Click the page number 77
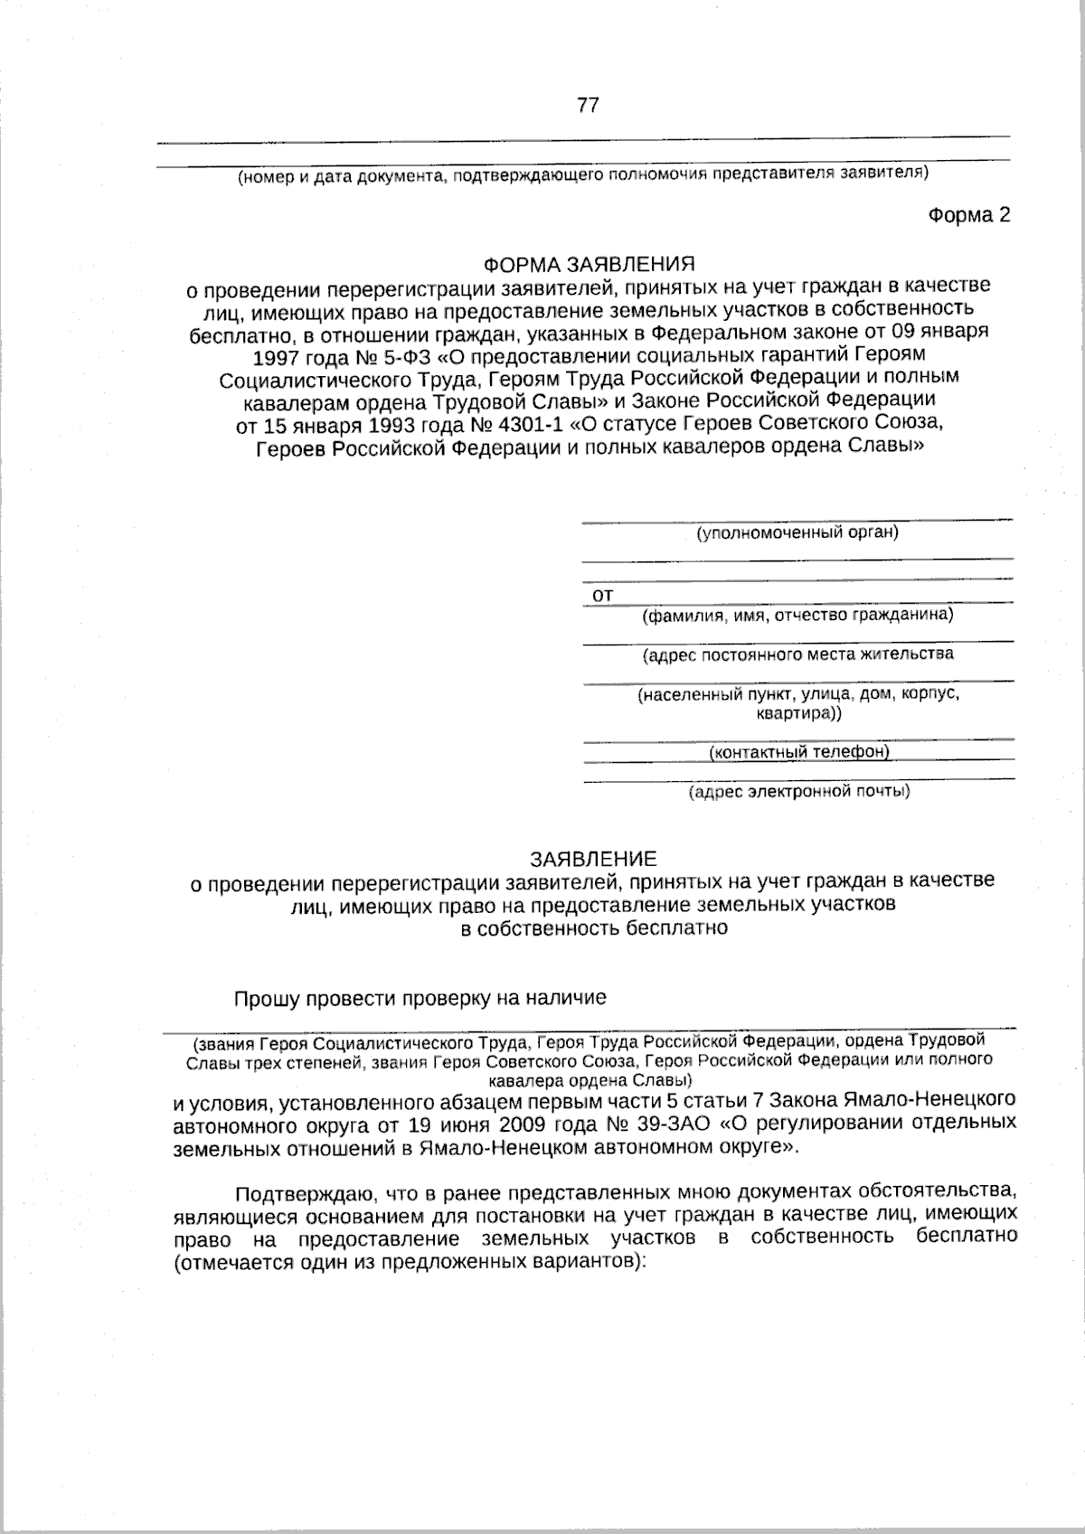[588, 106]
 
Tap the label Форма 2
[968, 215]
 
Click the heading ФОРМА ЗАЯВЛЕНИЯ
[589, 265]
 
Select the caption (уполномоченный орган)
[797, 532]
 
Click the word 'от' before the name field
[602, 595]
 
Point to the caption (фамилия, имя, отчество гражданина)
[797, 616]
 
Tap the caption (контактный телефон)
[799, 752]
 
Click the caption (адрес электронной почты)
[799, 792]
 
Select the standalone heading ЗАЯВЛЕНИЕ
[593, 858]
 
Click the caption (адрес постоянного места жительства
[797, 654]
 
